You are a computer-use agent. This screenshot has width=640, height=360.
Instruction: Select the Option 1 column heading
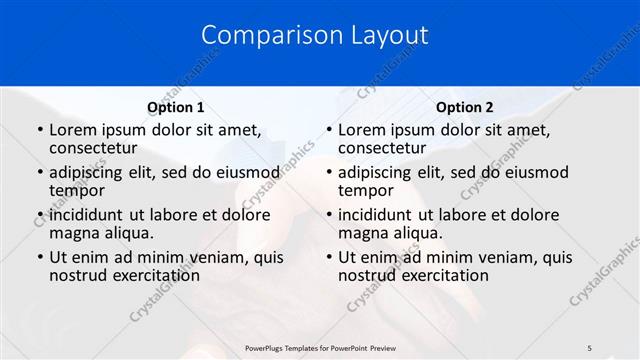click(x=175, y=107)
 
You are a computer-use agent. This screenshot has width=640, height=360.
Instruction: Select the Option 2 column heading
click(x=465, y=107)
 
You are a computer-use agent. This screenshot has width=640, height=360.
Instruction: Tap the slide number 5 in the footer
click(x=590, y=347)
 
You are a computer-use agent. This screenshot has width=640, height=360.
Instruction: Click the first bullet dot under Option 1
click(x=40, y=130)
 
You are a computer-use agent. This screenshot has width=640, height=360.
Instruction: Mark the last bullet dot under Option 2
click(x=329, y=258)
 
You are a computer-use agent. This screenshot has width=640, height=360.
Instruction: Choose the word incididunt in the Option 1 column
click(x=88, y=215)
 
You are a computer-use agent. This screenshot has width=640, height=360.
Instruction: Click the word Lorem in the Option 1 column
click(x=73, y=130)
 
